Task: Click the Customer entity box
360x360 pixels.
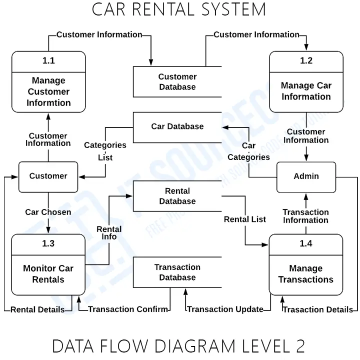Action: tap(48, 177)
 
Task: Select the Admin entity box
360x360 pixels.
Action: tap(306, 177)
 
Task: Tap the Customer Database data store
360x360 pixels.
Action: tap(177, 81)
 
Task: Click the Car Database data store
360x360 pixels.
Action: tap(177, 127)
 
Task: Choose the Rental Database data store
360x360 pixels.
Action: tap(177, 196)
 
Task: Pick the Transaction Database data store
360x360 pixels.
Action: tap(177, 272)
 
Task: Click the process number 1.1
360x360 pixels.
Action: tap(48, 60)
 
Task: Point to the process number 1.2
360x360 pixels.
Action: tap(306, 60)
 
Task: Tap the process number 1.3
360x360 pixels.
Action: tap(48, 243)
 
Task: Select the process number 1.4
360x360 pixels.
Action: tap(306, 243)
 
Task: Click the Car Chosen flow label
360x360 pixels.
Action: tap(48, 212)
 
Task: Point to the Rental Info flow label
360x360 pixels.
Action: tap(109, 233)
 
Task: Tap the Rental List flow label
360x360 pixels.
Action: tap(245, 219)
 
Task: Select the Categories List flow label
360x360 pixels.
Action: tap(105, 151)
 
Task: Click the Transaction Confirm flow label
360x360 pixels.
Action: tap(128, 309)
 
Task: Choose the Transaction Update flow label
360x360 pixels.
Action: tap(225, 309)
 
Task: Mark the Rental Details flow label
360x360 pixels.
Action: tap(37, 309)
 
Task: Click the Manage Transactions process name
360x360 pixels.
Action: tap(306, 274)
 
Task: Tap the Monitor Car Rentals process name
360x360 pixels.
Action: tap(48, 274)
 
